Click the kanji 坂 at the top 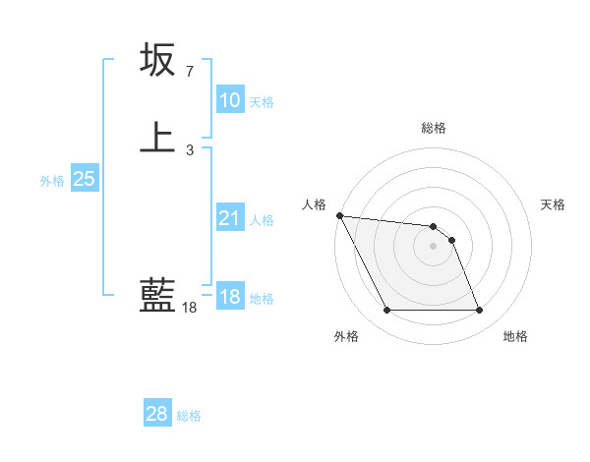click(x=157, y=60)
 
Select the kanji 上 click(x=157, y=137)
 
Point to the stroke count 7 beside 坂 click(x=189, y=73)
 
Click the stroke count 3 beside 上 click(x=189, y=149)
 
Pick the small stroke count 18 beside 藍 click(x=189, y=308)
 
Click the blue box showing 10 click(x=229, y=100)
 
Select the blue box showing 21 click(x=229, y=218)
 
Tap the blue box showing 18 click(x=229, y=297)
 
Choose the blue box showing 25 click(x=85, y=179)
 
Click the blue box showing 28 click(x=157, y=414)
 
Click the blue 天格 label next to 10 click(x=262, y=102)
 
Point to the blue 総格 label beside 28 click(x=189, y=416)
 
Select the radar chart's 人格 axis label click(x=314, y=204)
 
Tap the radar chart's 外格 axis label click(x=346, y=337)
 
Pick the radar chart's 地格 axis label click(x=515, y=337)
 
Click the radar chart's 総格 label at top click(x=434, y=128)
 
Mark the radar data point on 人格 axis click(x=339, y=215)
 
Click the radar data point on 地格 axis click(x=479, y=311)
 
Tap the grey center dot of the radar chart click(x=433, y=246)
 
